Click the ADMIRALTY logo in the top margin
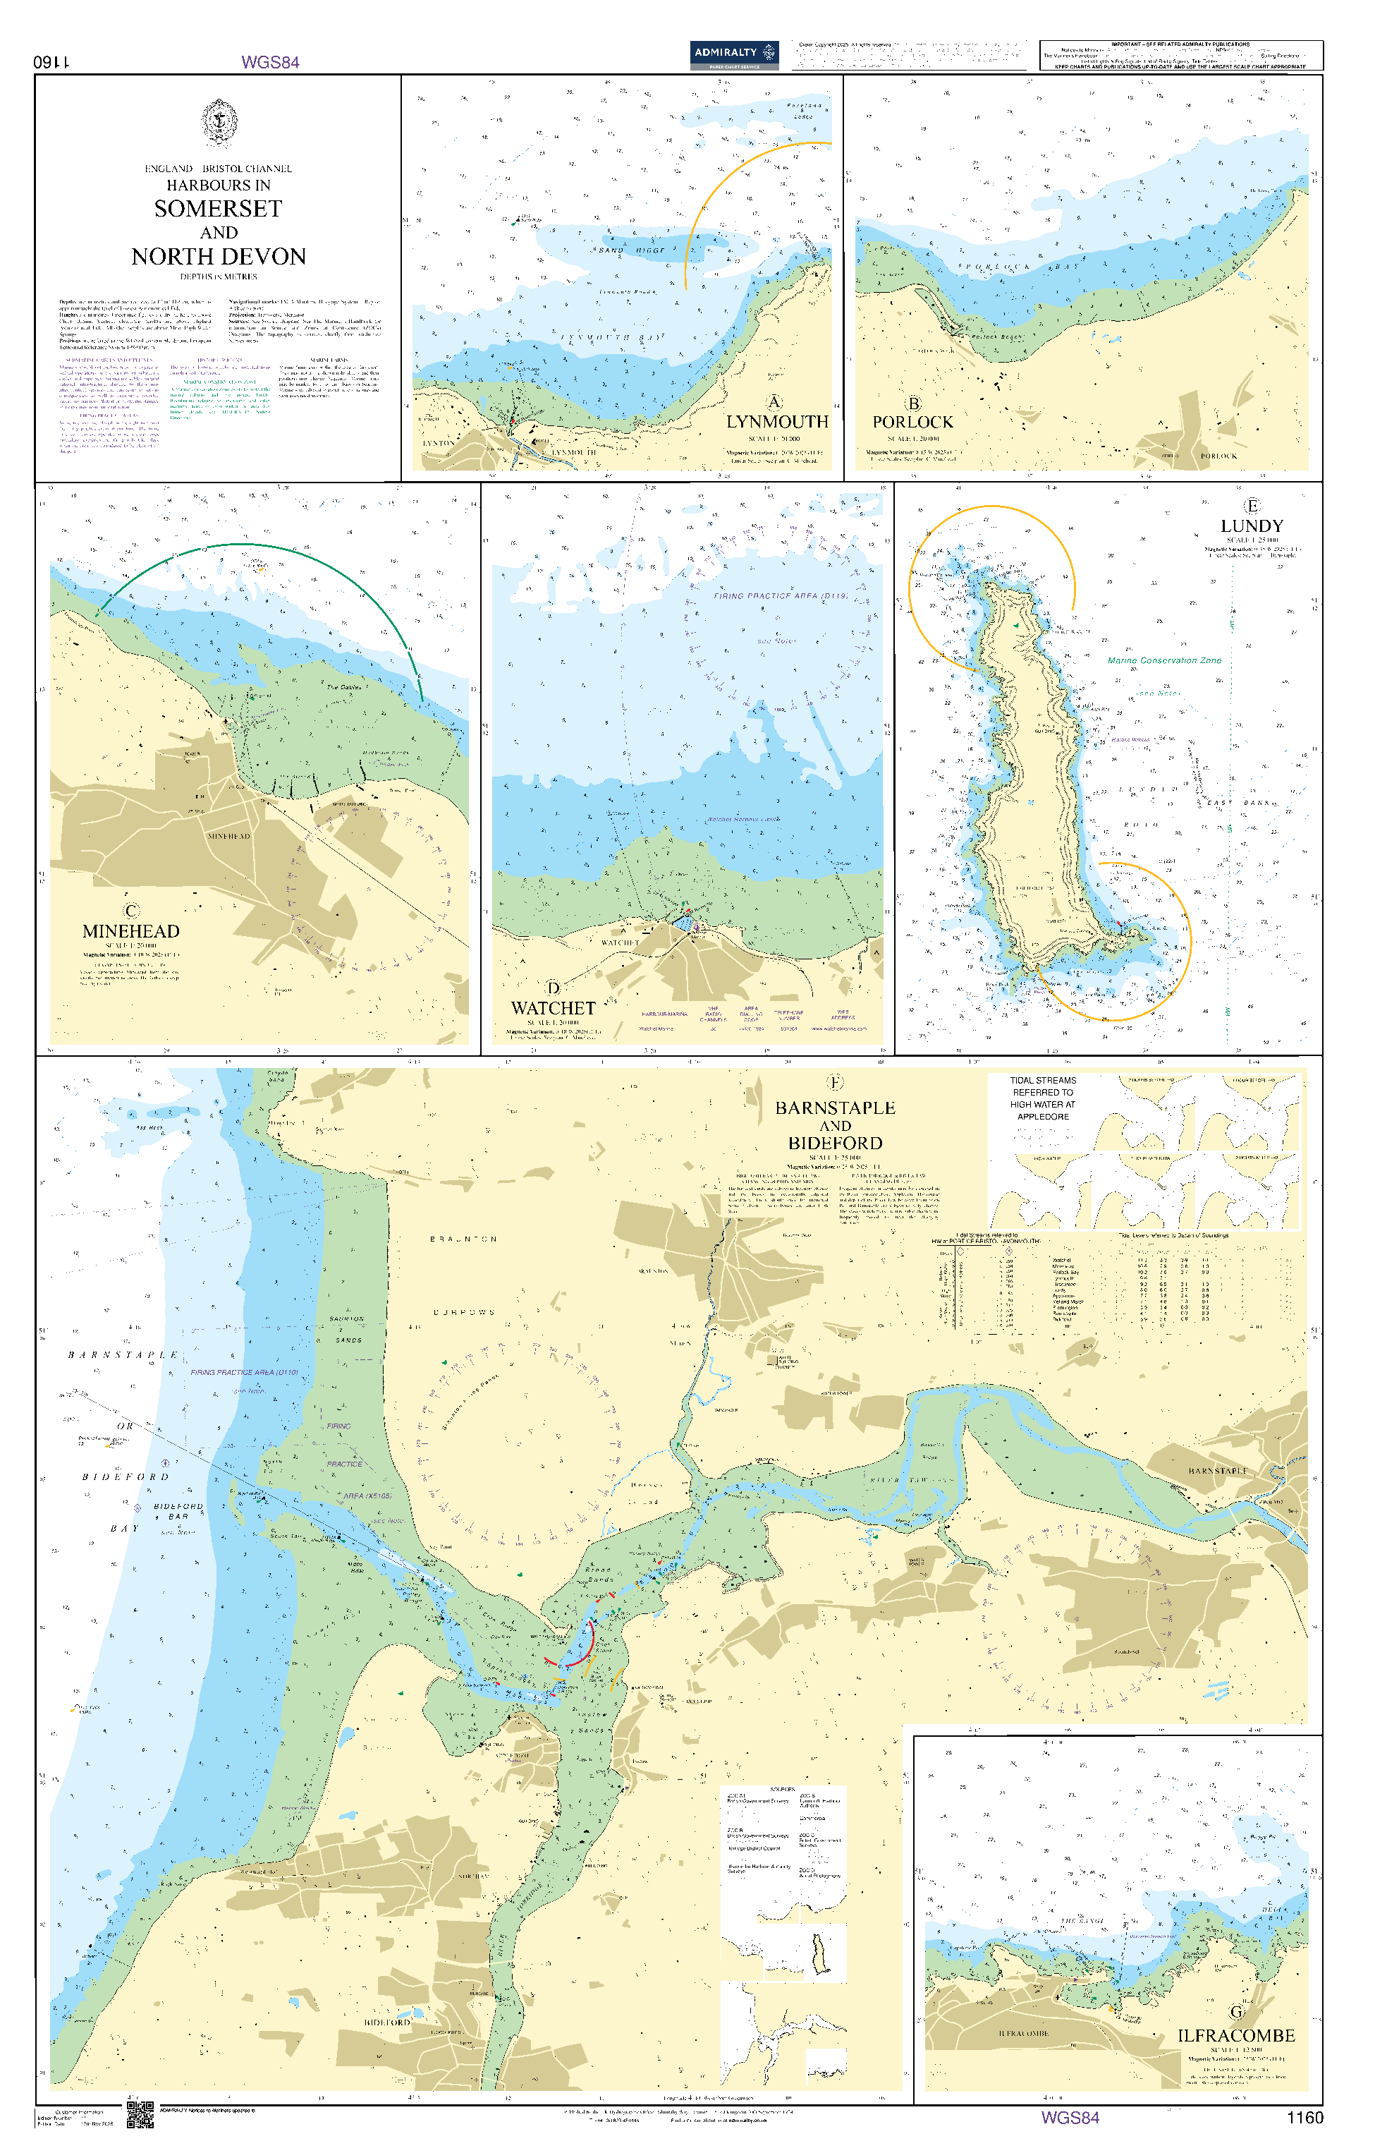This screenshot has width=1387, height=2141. tap(733, 54)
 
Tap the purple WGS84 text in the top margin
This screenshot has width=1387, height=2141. tap(270, 62)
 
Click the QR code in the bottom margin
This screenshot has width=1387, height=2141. tap(140, 2114)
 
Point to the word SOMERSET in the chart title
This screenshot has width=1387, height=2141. tap(218, 209)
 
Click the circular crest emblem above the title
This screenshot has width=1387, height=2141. tap(219, 122)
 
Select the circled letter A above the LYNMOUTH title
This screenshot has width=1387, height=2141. tap(774, 402)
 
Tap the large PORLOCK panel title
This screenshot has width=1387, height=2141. tap(912, 422)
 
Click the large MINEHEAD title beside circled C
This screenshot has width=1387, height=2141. tap(131, 931)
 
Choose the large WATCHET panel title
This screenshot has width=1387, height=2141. tap(554, 1009)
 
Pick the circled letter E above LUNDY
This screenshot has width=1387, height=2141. tap(1251, 506)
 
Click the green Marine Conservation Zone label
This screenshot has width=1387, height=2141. tap(1164, 660)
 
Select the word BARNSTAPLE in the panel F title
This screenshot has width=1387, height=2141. tap(835, 1108)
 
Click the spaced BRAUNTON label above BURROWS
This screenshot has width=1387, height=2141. tap(463, 1239)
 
